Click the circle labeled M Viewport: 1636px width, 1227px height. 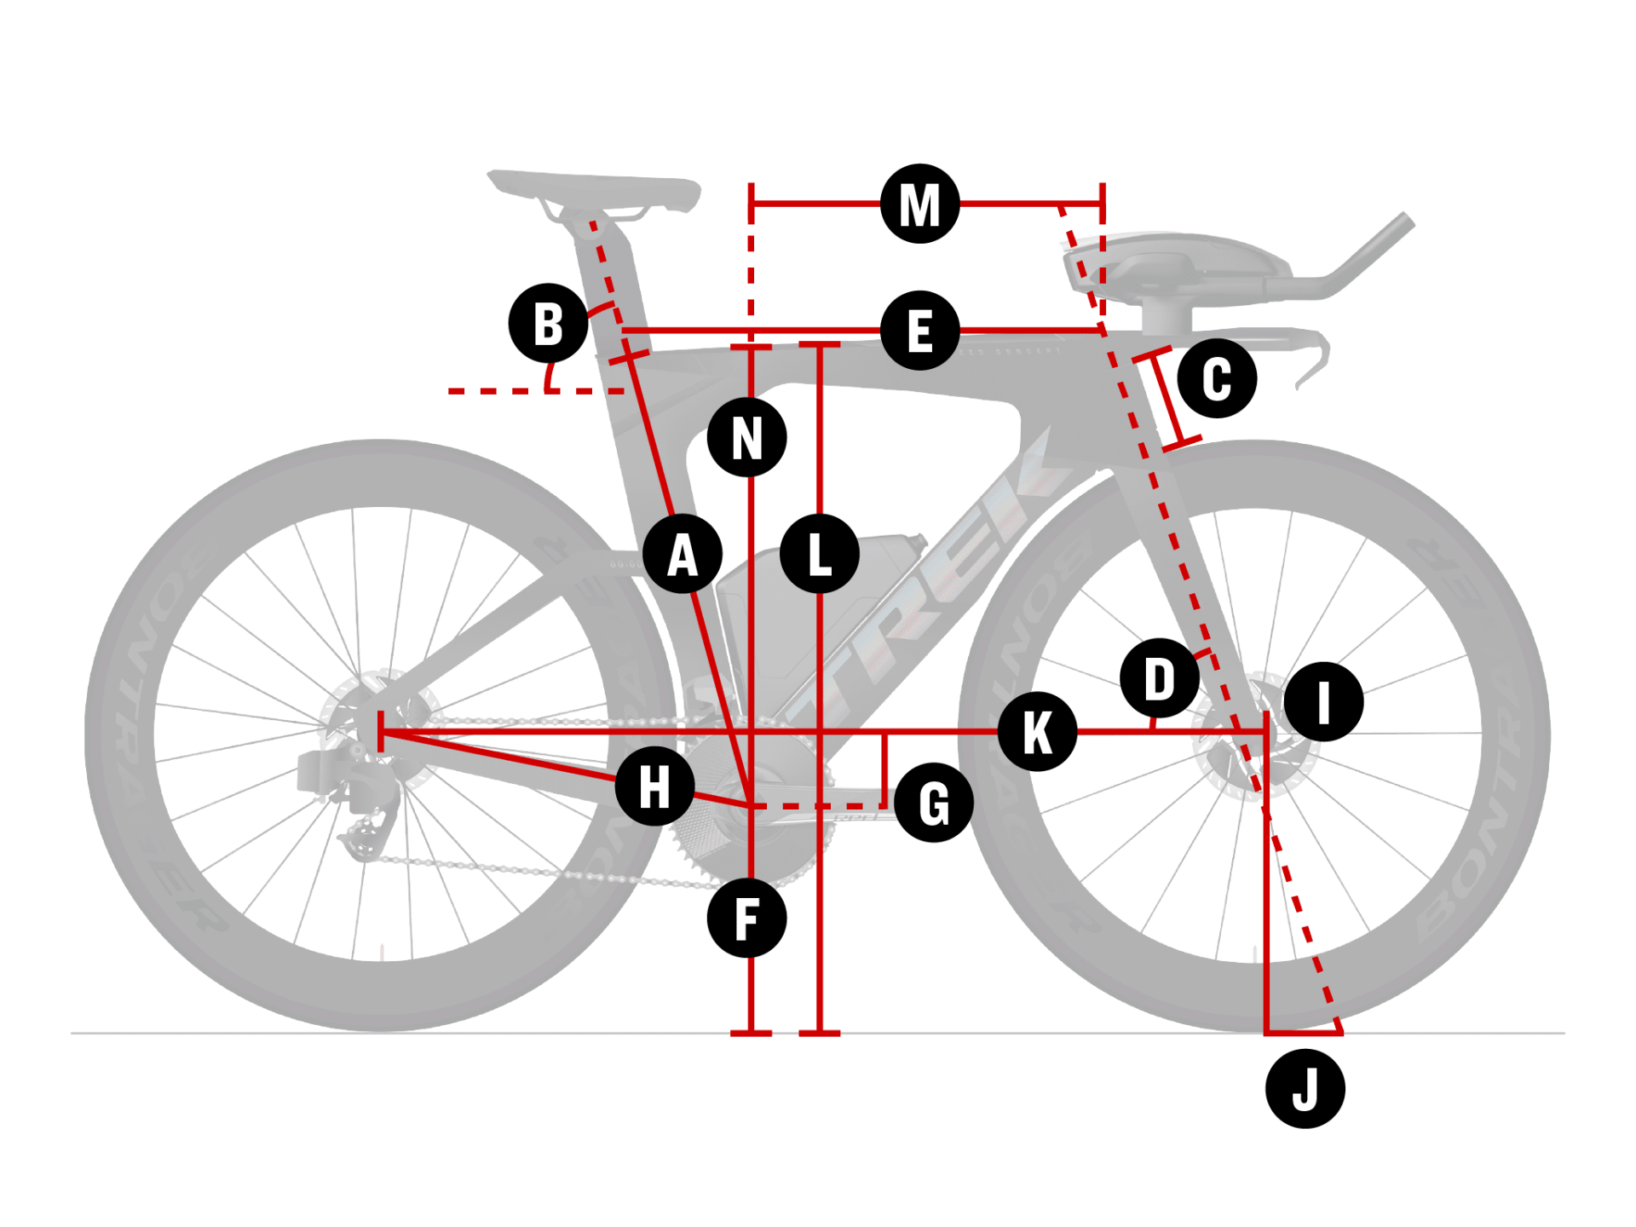point(919,204)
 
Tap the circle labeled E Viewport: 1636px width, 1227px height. point(919,330)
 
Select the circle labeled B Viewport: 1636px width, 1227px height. point(548,323)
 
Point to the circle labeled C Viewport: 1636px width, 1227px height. point(1217,377)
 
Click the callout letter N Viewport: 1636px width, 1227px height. point(746,437)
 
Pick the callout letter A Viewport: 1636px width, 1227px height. point(683,554)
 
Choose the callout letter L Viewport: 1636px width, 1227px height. point(819,554)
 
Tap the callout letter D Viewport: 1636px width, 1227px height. point(1160,678)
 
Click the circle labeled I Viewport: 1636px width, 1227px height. point(1323,701)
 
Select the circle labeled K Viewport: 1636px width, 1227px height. point(1037,731)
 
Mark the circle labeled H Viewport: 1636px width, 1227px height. point(654,786)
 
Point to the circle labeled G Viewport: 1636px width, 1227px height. point(934,803)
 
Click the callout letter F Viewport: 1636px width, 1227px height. point(746,919)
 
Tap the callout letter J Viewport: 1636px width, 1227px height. point(1305,1089)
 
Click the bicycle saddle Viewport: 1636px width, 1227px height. point(596,188)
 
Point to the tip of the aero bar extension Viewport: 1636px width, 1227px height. point(1406,222)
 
